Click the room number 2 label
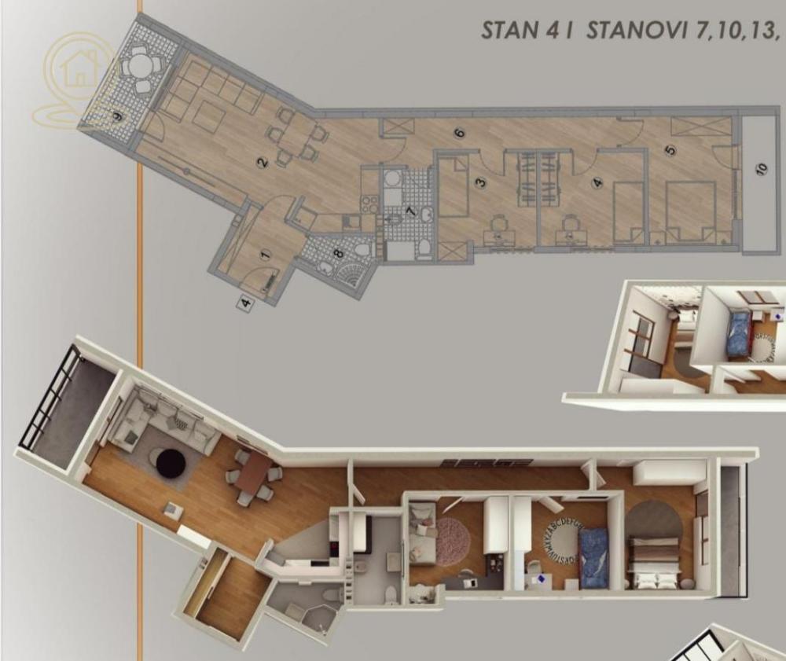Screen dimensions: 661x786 263,163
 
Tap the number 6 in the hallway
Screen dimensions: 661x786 461,133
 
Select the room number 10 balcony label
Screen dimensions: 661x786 761,170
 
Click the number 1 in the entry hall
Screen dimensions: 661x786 265,255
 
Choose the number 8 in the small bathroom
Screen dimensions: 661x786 338,253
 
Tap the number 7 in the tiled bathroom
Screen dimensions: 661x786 410,211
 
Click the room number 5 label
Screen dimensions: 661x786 670,150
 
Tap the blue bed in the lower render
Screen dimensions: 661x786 594,553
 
